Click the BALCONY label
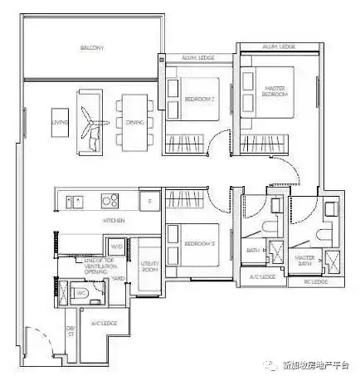(92, 48)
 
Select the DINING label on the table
(134, 123)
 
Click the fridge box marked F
(149, 200)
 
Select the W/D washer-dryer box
(116, 247)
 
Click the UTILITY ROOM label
(149, 266)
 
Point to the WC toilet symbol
(83, 292)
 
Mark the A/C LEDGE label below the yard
(103, 322)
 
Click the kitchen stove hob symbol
(108, 200)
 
